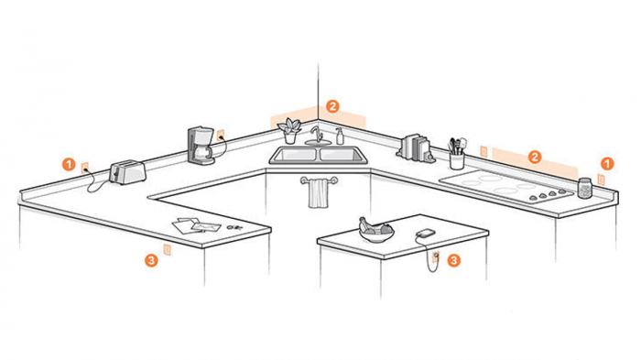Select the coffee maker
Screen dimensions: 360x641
coord(201,146)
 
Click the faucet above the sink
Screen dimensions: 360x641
coord(317,136)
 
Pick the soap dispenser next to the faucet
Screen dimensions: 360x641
coord(340,136)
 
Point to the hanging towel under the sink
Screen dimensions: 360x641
coord(318,193)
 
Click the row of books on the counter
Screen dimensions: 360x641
coord(418,147)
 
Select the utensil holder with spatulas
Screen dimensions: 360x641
coord(456,156)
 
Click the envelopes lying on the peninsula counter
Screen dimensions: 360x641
coord(190,224)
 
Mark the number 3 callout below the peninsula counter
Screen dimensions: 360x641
coord(151,260)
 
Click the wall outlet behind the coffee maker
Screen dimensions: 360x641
coord(220,136)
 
